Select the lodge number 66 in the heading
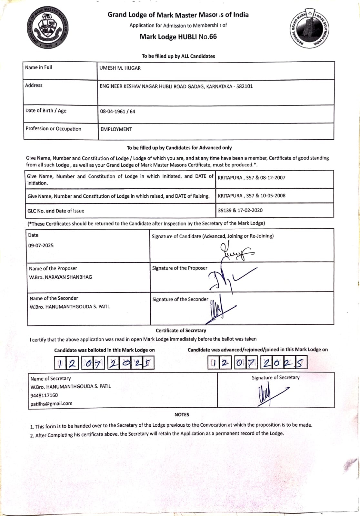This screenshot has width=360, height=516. click(x=213, y=37)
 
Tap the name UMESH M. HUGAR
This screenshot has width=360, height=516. click(x=120, y=68)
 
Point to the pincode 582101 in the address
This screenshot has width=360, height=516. click(x=245, y=86)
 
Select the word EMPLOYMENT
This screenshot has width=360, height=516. click(x=116, y=129)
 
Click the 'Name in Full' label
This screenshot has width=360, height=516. click(x=38, y=67)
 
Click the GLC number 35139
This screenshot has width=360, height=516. click(x=225, y=210)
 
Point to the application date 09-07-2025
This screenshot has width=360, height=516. click(x=41, y=245)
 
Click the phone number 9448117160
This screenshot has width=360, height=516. click(x=44, y=395)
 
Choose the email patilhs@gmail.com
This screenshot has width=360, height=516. click(x=51, y=403)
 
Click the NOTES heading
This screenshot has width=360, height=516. click(x=182, y=415)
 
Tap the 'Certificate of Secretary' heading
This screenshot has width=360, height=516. click(x=181, y=331)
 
